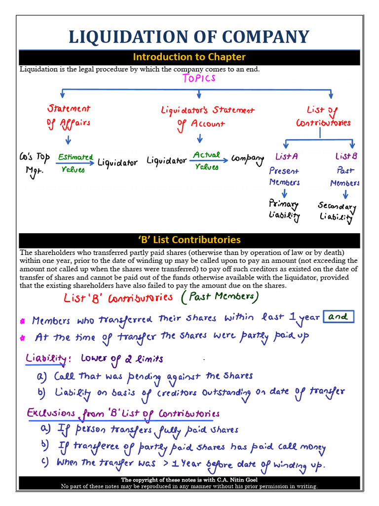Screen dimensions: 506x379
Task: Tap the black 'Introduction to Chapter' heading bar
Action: click(189, 57)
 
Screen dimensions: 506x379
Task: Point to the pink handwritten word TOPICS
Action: click(199, 79)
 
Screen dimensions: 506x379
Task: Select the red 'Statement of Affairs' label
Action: click(69, 115)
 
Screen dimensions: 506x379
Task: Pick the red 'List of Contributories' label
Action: click(323, 116)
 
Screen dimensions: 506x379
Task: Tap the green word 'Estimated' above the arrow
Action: click(75, 157)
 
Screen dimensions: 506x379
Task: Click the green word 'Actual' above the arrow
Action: click(206, 155)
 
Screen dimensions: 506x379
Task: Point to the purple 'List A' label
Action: click(287, 157)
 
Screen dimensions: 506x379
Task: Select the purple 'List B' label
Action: click(346, 157)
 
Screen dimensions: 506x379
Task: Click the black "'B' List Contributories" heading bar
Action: click(189, 240)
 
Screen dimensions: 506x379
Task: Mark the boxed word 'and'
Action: click(339, 317)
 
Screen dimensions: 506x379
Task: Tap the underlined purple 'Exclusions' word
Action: click(51, 413)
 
